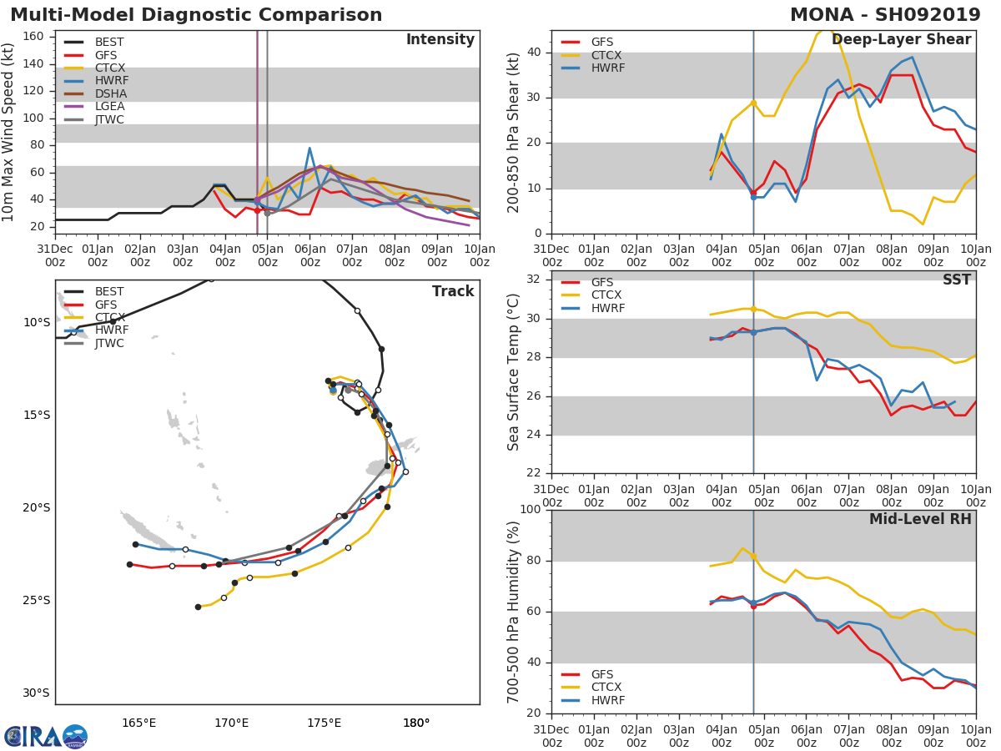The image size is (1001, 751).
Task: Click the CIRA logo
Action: [x=46, y=737]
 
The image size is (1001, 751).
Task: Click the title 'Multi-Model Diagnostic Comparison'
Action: [x=196, y=15]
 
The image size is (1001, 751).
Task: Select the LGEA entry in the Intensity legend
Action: [x=109, y=106]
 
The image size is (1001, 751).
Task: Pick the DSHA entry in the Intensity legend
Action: [x=109, y=93]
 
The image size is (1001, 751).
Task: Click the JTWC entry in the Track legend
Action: [x=109, y=343]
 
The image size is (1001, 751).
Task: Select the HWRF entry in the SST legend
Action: [x=608, y=308]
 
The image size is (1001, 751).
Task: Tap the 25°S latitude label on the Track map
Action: [x=37, y=600]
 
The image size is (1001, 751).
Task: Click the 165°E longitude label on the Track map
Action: [x=139, y=723]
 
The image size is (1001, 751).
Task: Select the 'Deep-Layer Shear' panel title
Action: [x=901, y=40]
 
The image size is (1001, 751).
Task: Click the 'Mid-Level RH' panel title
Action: [x=920, y=519]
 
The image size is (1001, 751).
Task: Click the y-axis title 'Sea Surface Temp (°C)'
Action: [x=514, y=372]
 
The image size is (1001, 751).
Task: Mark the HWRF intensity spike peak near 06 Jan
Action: [x=309, y=149]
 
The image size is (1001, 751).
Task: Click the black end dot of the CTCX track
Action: [x=198, y=607]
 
